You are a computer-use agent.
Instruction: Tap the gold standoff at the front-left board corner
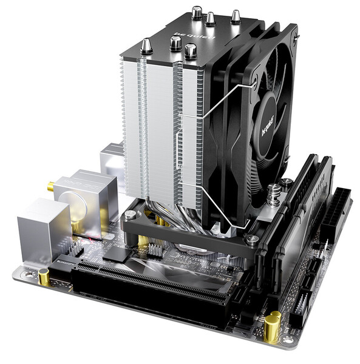44,278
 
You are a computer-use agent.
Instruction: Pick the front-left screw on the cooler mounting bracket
130,215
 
